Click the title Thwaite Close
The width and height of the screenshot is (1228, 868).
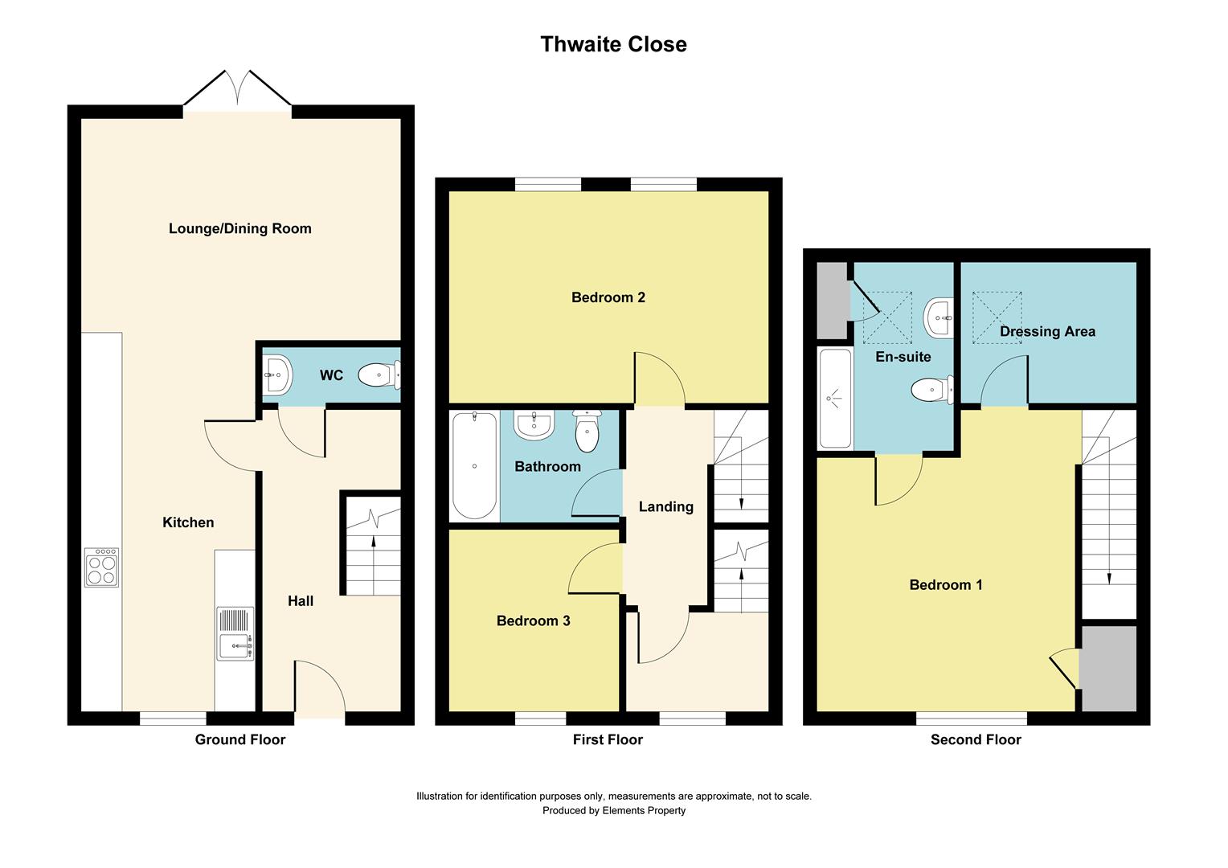pos(613,44)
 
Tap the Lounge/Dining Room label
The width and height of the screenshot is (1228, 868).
pos(239,228)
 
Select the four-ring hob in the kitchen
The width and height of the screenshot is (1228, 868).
pos(102,567)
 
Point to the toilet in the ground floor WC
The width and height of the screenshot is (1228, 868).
pos(379,375)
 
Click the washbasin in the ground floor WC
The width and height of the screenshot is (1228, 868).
pos(277,375)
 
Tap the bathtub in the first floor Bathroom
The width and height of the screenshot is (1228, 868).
pos(474,466)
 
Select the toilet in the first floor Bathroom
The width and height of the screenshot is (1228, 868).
pos(587,432)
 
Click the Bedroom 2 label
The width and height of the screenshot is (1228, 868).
pos(608,297)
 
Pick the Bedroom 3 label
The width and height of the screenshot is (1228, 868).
pos(533,620)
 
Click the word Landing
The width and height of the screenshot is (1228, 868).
pos(665,506)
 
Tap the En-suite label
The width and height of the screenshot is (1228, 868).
pos(903,357)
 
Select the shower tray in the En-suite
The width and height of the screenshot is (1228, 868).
pos(835,398)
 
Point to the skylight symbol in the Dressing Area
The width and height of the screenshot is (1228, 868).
pos(997,317)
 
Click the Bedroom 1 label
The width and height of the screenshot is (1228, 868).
pos(945,585)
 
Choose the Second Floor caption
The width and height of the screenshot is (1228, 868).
pos(976,739)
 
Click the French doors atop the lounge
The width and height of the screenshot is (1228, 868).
pos(237,90)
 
